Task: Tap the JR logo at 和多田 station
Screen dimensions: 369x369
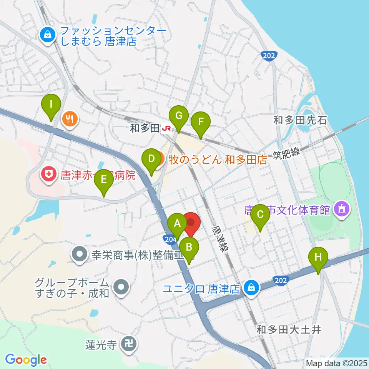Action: [x=166, y=128]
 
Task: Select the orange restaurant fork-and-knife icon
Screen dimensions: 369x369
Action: [x=70, y=119]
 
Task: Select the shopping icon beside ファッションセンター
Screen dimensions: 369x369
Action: [x=47, y=35]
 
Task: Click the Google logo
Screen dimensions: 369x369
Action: [x=26, y=360]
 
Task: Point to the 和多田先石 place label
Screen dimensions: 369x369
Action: [x=300, y=120]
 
